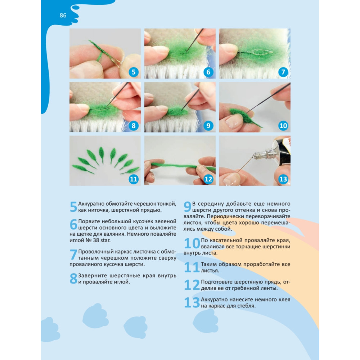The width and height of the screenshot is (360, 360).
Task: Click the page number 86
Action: (x=63, y=15)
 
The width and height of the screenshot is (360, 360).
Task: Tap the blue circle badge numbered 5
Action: (x=134, y=72)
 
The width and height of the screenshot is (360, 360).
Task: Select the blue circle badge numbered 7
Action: (x=283, y=72)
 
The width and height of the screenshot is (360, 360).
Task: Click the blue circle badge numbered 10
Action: (x=283, y=126)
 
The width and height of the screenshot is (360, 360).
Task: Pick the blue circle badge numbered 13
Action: (x=283, y=179)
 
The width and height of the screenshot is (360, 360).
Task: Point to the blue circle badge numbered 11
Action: (x=134, y=179)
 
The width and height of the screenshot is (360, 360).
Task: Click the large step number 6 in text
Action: (x=73, y=224)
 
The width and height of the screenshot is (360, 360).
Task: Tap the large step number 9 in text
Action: (x=187, y=206)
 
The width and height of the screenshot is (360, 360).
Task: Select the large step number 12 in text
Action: (x=192, y=285)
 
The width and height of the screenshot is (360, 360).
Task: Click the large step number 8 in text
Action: (x=73, y=278)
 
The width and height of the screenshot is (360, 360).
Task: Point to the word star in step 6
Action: (x=105, y=240)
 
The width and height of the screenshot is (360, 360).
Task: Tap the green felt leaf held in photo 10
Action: (x=245, y=118)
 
